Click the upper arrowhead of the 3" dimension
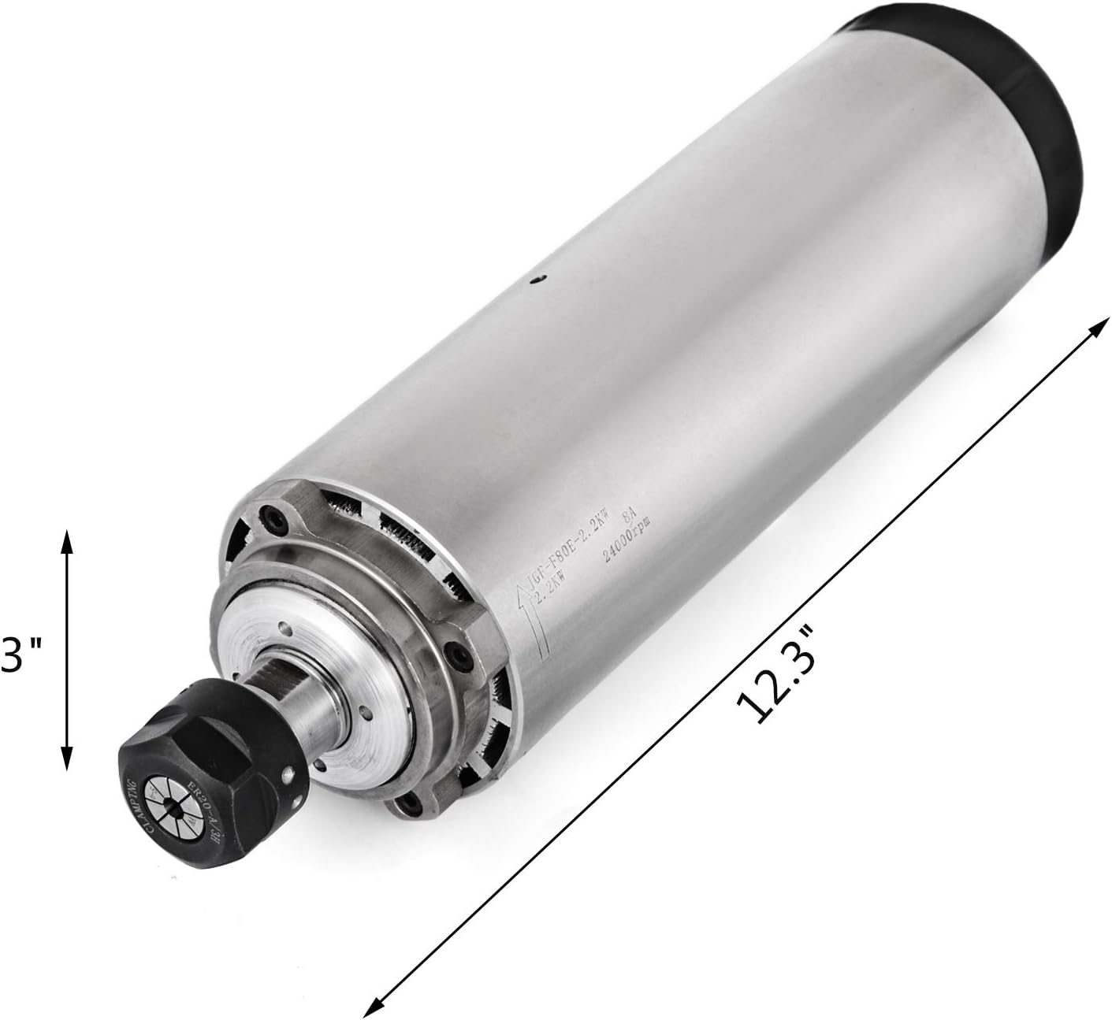click(x=66, y=538)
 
